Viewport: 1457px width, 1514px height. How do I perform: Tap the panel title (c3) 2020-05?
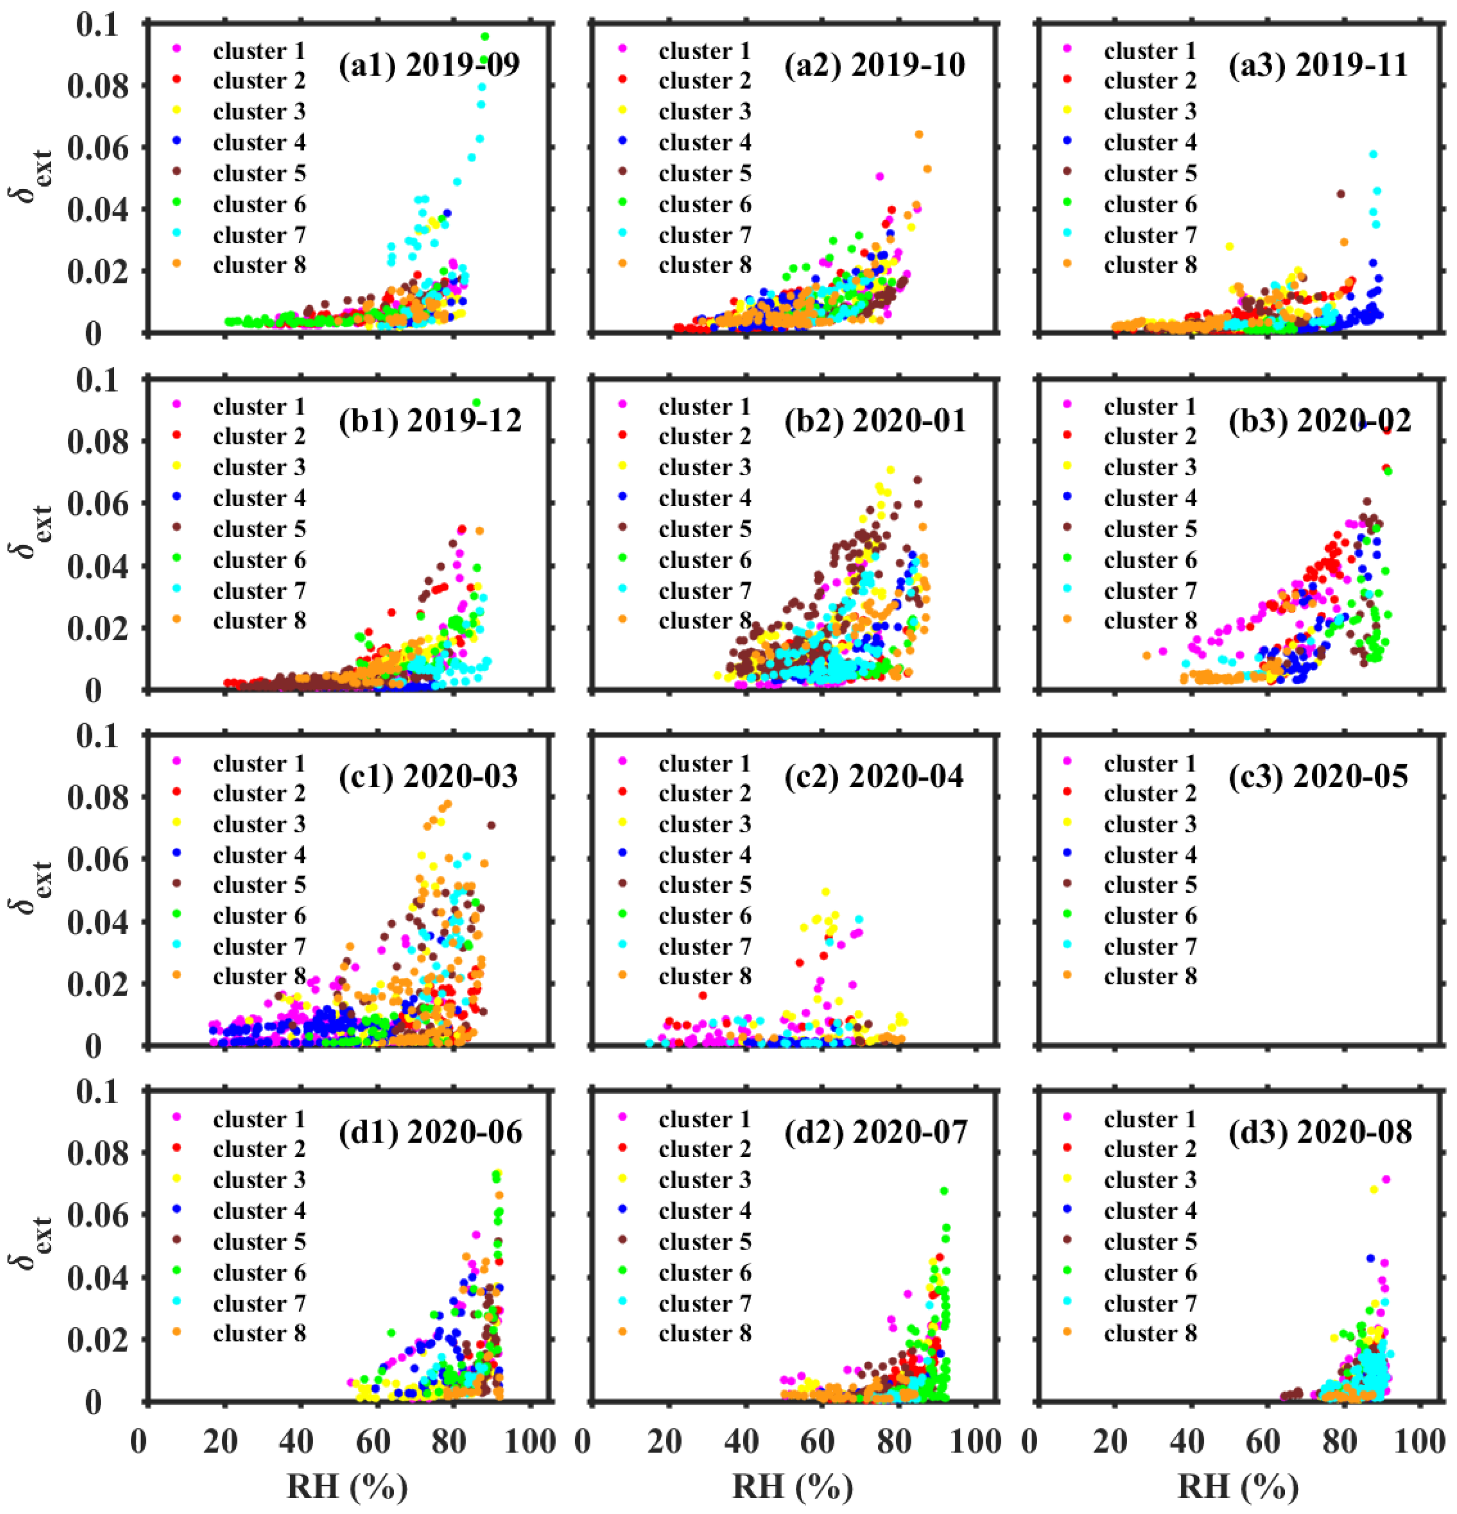pos(1319,776)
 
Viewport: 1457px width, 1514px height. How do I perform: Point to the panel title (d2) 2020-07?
pos(875,1132)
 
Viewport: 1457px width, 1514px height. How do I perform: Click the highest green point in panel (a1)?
pos(485,36)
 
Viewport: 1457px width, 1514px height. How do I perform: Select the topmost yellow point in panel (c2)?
pos(826,892)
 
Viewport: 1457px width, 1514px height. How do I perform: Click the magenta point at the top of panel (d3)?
pos(1386,1179)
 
